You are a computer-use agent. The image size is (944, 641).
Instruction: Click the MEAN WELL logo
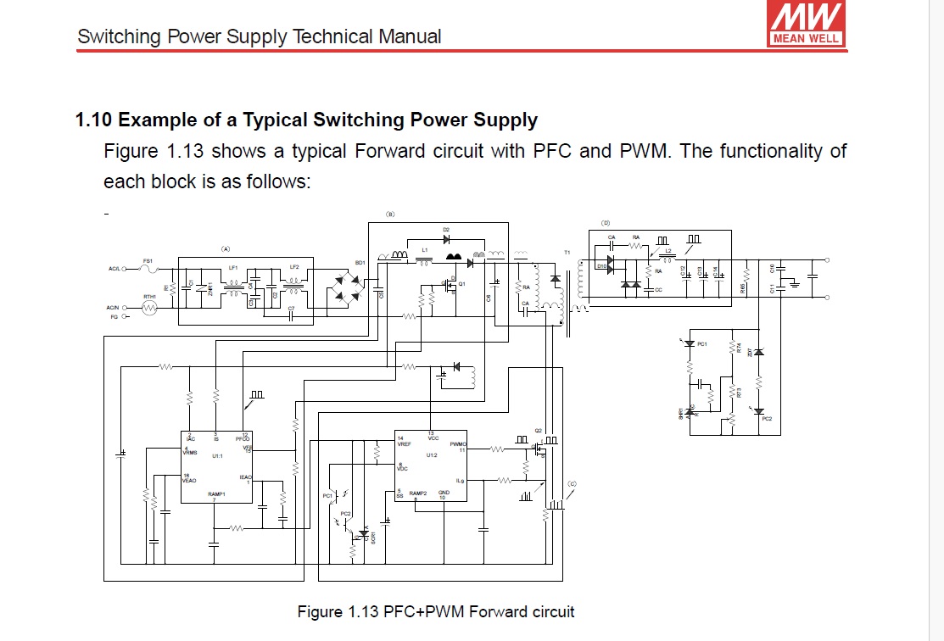click(x=805, y=23)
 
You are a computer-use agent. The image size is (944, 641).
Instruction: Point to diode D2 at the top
click(x=446, y=240)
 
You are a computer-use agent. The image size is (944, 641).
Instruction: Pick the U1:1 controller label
click(x=217, y=456)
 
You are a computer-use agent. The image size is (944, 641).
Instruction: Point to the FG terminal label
click(x=113, y=317)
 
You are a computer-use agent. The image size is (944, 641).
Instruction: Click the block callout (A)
click(x=226, y=249)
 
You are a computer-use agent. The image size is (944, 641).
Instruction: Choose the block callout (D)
click(x=606, y=222)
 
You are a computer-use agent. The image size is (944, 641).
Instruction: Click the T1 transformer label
click(x=567, y=253)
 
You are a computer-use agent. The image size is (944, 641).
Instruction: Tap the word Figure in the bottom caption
click(x=319, y=611)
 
